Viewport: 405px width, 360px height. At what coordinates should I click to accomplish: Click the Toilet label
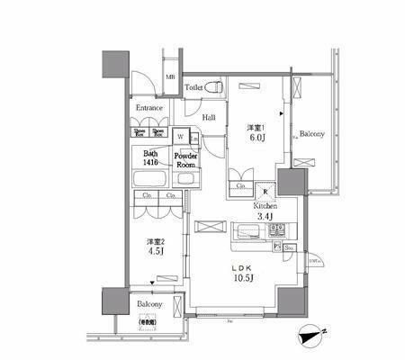point(193,87)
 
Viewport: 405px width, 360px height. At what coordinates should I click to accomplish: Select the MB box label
point(170,77)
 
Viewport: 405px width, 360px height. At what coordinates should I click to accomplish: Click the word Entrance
point(149,108)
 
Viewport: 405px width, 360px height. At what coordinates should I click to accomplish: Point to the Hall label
point(208,117)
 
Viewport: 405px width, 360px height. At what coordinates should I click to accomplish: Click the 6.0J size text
point(256,139)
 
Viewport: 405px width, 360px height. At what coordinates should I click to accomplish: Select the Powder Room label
point(186,159)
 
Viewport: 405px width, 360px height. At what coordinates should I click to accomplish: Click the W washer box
point(181,137)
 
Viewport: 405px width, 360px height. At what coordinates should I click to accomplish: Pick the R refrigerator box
point(265,190)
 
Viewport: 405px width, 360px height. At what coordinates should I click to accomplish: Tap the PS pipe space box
point(277,245)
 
